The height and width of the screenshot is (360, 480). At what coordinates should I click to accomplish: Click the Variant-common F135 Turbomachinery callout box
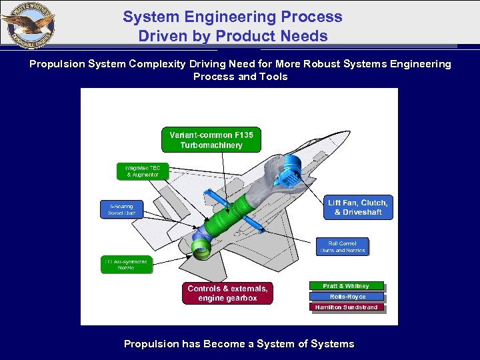tap(211, 140)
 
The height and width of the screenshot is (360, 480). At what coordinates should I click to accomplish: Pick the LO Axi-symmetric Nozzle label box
tap(127, 264)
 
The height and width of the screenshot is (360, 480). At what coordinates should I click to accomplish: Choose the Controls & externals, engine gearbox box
tap(227, 293)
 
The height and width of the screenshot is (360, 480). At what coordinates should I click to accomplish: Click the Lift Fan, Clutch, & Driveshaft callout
tap(358, 207)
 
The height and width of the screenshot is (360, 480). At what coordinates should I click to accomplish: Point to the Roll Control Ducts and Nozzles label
tap(342, 247)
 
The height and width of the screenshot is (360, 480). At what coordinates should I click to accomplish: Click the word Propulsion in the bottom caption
tap(151, 344)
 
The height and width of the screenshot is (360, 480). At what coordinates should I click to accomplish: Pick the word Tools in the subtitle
tap(274, 77)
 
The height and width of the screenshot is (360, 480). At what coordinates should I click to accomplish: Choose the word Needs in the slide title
tap(304, 35)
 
